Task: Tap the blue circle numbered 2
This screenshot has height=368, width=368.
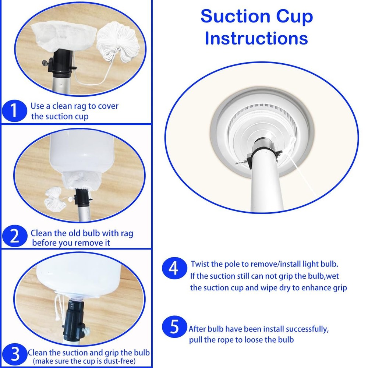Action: coord(15,236)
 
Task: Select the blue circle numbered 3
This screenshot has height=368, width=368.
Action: coord(15,354)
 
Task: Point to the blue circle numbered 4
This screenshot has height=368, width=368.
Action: coord(174,268)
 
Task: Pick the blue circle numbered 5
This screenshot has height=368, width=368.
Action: coord(174,326)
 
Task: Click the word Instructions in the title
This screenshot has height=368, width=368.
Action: coord(256,38)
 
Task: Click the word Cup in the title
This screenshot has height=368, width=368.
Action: coord(294,17)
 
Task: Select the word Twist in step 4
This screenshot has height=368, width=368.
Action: coord(200,264)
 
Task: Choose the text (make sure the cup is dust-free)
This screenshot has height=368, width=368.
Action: coord(84,361)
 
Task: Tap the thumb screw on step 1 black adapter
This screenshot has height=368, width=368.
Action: coord(46,63)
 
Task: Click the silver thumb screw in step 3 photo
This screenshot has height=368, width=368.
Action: coord(86,330)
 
